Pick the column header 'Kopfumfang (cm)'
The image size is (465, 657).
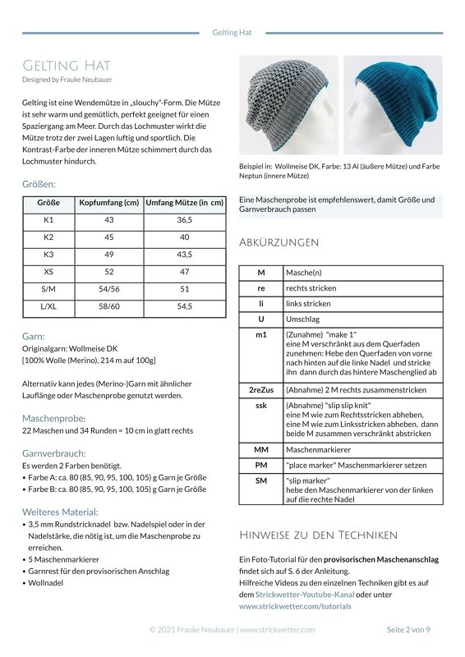pos(108,203)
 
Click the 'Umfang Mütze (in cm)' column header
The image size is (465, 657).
pos(184,203)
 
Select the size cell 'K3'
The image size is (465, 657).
pos(48,255)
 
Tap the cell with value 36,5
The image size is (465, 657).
pos(184,220)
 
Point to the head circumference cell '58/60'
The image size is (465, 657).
pos(108,306)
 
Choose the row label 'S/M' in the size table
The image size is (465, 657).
pos(48,289)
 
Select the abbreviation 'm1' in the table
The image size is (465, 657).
pos(260,335)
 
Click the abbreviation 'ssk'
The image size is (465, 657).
pos(260,405)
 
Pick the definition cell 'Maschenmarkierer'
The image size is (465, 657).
pos(318,449)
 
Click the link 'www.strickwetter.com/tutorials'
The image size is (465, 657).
pos(295,606)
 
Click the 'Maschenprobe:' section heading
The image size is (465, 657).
pos(53,418)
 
